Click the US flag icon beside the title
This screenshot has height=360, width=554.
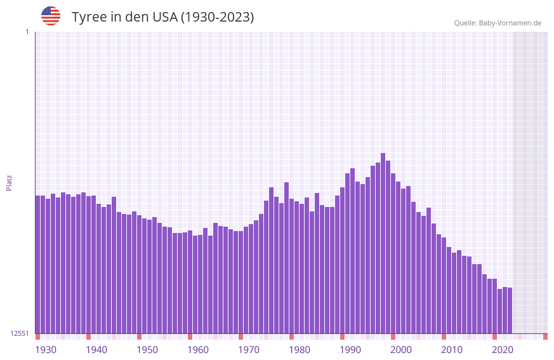[x=51, y=16]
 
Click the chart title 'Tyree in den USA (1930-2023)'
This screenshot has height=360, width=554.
[x=162, y=17]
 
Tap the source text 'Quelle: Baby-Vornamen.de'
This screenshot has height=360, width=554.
[x=498, y=23]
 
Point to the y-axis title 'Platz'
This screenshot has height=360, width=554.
[x=9, y=182]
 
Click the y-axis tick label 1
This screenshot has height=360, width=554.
[x=27, y=32]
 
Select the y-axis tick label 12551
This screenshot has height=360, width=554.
[x=20, y=333]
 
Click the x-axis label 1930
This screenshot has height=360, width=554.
[x=46, y=350]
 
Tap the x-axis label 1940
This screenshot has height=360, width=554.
[x=96, y=350]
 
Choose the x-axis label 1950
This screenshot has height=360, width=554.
[x=147, y=350]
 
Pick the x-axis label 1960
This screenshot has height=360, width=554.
[x=198, y=350]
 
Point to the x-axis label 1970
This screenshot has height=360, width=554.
[x=249, y=350]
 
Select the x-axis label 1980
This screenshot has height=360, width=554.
[x=300, y=350]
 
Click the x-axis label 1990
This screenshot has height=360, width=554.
[x=350, y=350]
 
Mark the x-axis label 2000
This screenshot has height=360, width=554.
[x=401, y=350]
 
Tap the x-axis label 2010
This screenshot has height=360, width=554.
[x=452, y=350]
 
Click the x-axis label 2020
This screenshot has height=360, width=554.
[x=503, y=350]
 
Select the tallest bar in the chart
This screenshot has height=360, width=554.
[x=383, y=241]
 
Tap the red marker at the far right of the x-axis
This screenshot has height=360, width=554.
[x=545, y=337]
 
